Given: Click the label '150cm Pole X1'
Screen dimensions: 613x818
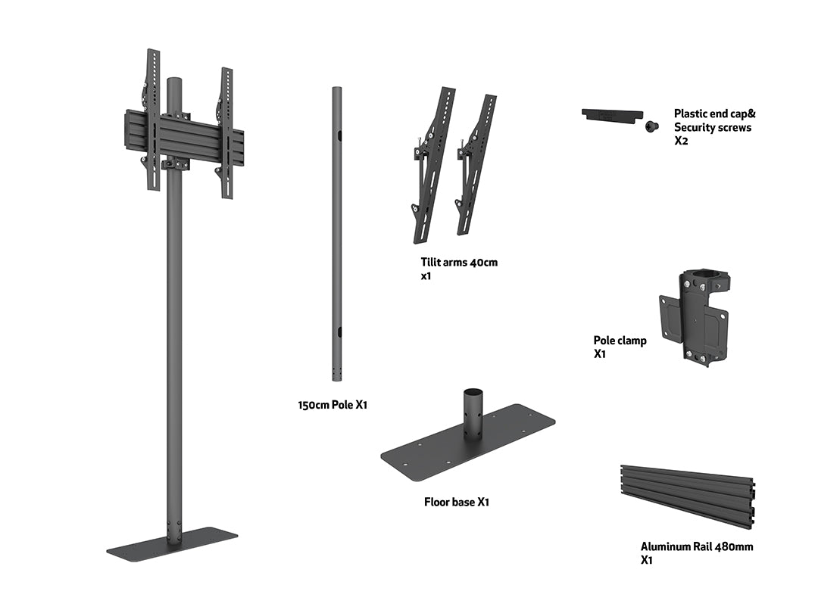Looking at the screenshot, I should [x=333, y=405].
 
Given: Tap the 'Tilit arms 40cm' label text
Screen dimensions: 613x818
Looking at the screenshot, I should [x=459, y=263].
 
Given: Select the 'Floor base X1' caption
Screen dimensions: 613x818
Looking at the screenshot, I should [x=456, y=502].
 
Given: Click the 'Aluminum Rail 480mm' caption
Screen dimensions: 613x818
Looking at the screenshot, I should [x=696, y=546].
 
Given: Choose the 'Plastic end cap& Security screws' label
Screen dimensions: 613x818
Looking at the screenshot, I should [x=714, y=121].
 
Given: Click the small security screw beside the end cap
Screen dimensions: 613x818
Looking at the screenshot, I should [x=650, y=127].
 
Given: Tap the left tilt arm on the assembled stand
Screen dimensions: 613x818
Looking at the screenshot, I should [x=152, y=121].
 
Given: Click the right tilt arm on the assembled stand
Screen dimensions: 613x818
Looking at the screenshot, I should [x=226, y=132].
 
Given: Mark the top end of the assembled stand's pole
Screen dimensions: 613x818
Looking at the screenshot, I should [x=175, y=82].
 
